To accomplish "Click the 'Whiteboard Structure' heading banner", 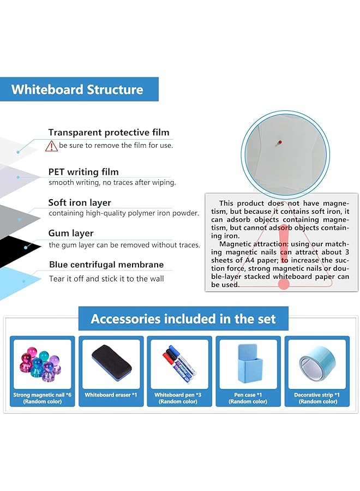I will click(x=77, y=89).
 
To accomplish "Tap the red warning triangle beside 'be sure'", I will click(x=52, y=146).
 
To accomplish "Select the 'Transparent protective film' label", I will click(x=109, y=132).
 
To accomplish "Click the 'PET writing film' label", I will click(x=83, y=172).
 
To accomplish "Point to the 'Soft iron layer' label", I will click(x=80, y=202).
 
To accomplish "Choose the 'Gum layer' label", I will click(x=71, y=233).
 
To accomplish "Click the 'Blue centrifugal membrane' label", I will click(x=106, y=265).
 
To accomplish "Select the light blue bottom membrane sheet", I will click(x=16, y=281).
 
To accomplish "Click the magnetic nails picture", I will click(x=43, y=363).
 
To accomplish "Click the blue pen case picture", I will click(x=248, y=363).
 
